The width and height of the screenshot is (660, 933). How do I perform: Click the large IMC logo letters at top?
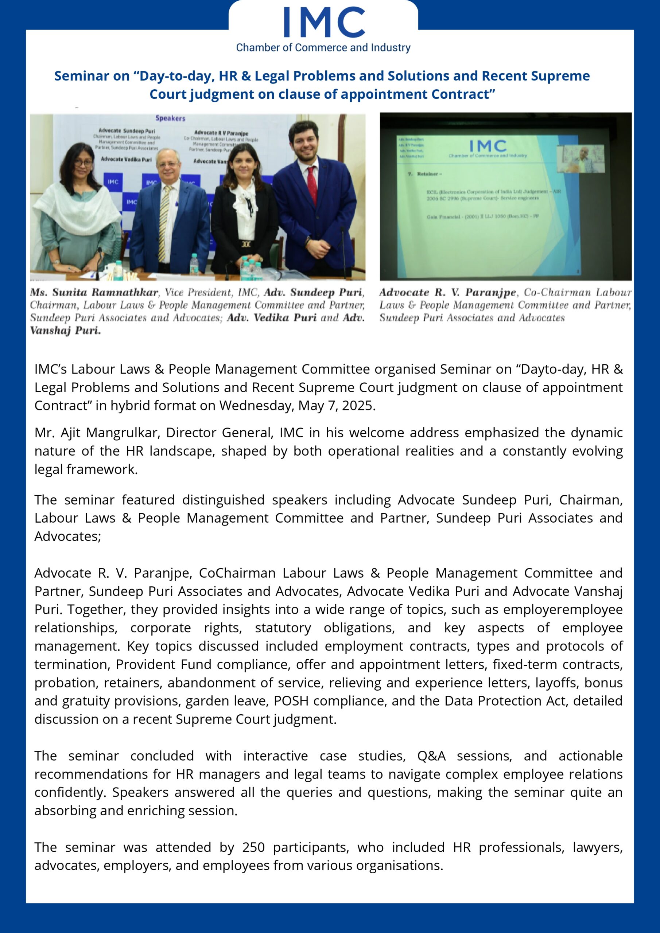(x=324, y=23)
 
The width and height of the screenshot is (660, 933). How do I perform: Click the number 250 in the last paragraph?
(x=253, y=847)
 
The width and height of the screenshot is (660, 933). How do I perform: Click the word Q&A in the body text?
(x=431, y=756)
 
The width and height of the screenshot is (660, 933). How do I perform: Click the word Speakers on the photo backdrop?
(x=170, y=118)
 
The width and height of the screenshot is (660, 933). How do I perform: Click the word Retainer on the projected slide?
(x=428, y=174)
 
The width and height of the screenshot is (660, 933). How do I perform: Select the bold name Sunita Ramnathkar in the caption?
(x=105, y=293)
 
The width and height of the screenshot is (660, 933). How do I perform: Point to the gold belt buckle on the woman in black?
(x=246, y=244)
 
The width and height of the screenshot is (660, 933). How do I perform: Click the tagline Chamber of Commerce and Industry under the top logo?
(x=323, y=47)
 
